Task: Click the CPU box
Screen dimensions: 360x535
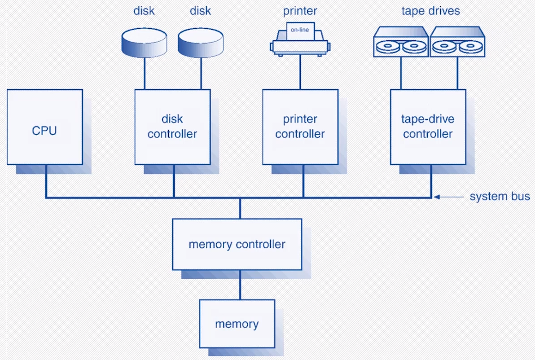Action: [45, 127]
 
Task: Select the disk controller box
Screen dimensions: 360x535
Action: [172, 127]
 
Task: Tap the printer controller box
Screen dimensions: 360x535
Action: [300, 127]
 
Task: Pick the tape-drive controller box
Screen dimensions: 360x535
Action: [428, 127]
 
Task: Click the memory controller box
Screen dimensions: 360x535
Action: [237, 244]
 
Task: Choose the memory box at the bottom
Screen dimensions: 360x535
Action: [237, 324]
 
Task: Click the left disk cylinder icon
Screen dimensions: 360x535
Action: [144, 42]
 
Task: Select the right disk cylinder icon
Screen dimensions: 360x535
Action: [200, 42]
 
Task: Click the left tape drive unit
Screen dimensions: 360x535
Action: [401, 42]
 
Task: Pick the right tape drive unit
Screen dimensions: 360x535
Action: [457, 42]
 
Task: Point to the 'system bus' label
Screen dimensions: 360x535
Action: [500, 197]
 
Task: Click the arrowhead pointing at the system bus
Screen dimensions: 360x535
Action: [436, 197]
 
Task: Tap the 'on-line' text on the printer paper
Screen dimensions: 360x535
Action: [300, 30]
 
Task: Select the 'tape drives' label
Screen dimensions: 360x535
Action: [430, 11]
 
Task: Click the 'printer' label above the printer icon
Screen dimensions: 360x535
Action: [300, 11]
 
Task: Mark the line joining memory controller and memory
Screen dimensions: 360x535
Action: [240, 285]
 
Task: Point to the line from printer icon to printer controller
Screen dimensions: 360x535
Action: [300, 73]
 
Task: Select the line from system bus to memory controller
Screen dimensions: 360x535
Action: [240, 208]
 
